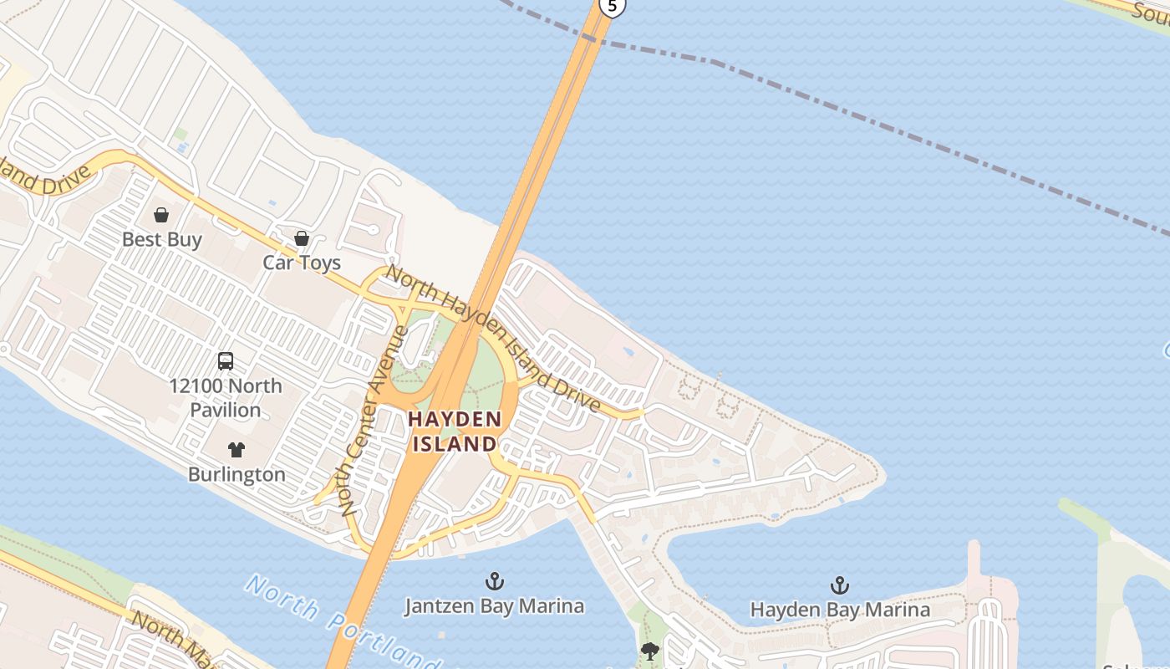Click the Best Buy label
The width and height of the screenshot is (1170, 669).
tap(162, 239)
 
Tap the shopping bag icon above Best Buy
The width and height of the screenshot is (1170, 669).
tap(161, 215)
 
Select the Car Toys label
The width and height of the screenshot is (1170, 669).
tap(302, 263)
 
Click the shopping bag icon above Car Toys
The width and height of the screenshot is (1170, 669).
tap(302, 238)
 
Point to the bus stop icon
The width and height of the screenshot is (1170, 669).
tap(226, 361)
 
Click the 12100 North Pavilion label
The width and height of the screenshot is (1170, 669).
tap(226, 398)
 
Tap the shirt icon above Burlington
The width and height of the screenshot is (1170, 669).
tap(237, 450)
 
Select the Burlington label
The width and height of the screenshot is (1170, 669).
tap(237, 474)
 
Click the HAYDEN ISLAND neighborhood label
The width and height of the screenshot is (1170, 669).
tap(455, 431)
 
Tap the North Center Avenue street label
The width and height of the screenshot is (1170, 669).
tap(373, 420)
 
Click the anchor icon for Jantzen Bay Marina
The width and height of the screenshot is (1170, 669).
tap(495, 580)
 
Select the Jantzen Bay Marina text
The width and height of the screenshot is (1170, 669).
tap(495, 605)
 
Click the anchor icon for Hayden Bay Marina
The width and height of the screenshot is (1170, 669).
tap(839, 585)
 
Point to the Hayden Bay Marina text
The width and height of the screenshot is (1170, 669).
tap(839, 610)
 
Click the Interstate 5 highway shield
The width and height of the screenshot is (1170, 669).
tap(613, 7)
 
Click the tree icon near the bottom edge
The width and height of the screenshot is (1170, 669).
tap(649, 651)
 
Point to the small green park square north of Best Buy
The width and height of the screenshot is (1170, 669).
tap(181, 134)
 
